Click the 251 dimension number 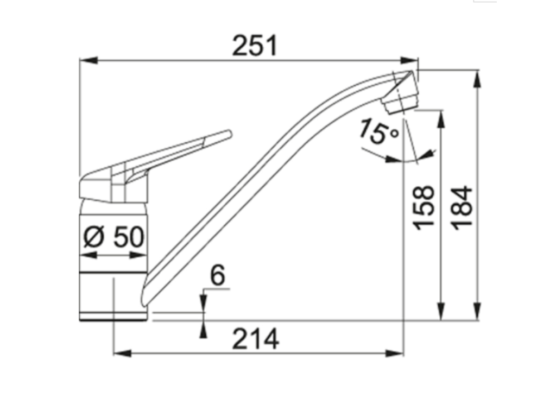tap(254, 46)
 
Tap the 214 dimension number tap(255, 339)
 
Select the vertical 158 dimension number tap(424, 208)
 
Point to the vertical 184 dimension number tap(463, 208)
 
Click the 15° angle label tap(378, 132)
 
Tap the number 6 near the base tap(217, 275)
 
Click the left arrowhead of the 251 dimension tap(88, 60)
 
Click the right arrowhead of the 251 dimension tap(409, 60)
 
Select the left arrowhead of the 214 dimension tap(122, 353)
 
